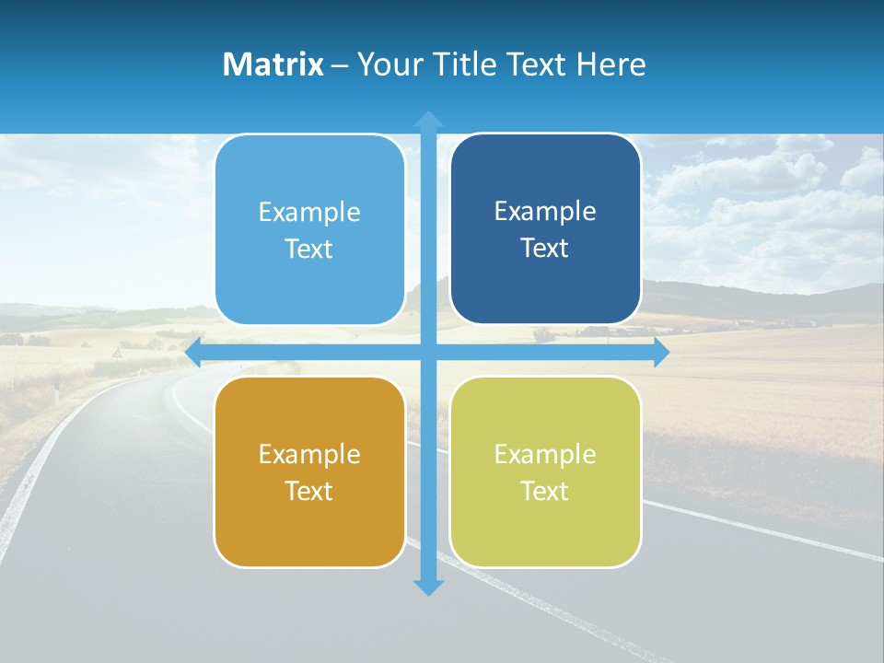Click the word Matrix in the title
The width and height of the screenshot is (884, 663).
(273, 64)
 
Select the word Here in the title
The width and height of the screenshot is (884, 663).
(611, 64)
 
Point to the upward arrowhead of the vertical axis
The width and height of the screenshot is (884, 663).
(428, 119)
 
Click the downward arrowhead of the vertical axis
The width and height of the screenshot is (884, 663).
(428, 587)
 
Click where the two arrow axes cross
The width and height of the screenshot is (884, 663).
(428, 353)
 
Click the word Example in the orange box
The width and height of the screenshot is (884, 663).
(309, 454)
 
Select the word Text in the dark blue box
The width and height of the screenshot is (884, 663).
(545, 248)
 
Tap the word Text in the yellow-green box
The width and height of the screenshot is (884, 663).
(545, 491)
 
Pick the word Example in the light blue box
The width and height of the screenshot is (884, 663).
(309, 212)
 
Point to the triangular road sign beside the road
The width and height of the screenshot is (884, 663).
(117, 353)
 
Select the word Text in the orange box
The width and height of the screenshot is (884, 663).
(309, 491)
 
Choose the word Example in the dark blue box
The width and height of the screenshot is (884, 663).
(545, 211)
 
